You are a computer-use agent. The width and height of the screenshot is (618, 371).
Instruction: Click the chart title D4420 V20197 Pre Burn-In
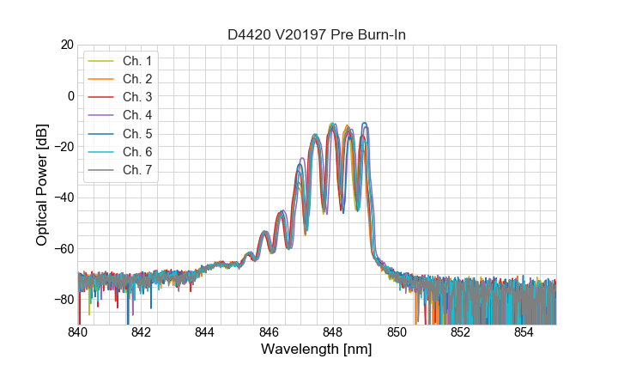pyautogui.click(x=316, y=35)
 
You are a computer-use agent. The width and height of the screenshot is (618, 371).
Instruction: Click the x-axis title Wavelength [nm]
pyautogui.click(x=316, y=350)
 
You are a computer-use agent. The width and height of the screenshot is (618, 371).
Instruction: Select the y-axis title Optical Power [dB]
pyautogui.click(x=42, y=185)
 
